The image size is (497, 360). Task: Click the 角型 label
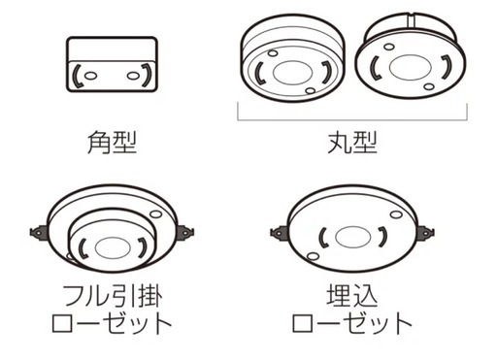(x=113, y=142)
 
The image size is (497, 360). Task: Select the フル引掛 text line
(x=113, y=295)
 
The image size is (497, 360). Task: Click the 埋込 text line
(x=352, y=295)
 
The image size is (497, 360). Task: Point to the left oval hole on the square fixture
(x=90, y=76)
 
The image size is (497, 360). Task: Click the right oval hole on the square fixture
(x=133, y=76)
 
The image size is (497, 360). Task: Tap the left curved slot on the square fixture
(x=78, y=77)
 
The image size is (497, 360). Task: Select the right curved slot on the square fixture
(x=147, y=76)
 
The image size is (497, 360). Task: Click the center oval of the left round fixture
(x=292, y=73)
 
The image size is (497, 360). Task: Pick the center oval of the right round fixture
(x=411, y=67)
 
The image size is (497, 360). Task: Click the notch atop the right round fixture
(x=411, y=21)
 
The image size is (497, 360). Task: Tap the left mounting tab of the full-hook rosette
(x=39, y=233)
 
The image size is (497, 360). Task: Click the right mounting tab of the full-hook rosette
(x=185, y=233)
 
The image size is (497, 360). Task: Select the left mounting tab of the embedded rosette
(x=280, y=233)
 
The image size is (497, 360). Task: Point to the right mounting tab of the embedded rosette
(x=426, y=233)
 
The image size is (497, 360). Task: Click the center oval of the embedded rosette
(x=352, y=237)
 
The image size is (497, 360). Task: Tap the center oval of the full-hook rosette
(x=113, y=247)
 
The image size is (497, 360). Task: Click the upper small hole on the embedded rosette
(x=396, y=214)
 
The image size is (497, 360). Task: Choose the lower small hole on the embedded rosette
(x=313, y=257)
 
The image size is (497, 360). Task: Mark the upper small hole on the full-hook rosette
(x=156, y=214)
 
